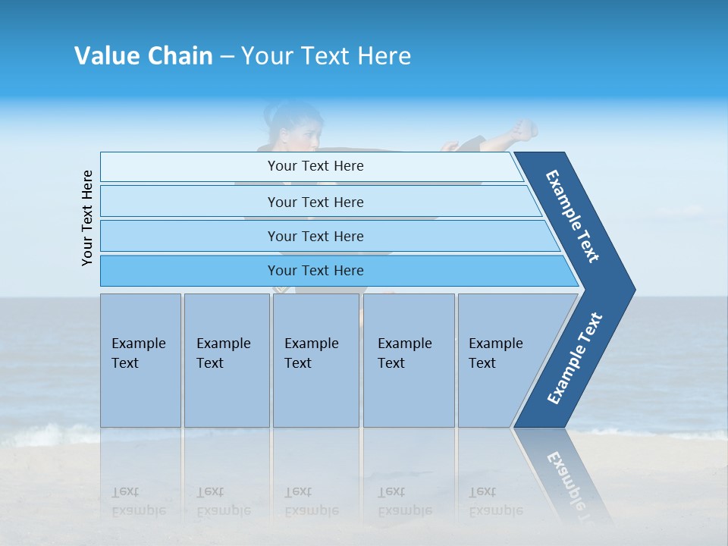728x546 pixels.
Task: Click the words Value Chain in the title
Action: pos(143,56)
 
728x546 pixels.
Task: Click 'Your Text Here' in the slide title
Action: pos(326,56)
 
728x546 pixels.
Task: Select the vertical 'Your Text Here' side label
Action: pos(87,218)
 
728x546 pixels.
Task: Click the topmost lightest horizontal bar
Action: pos(315,166)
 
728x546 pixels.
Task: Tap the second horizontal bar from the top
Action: pos(315,202)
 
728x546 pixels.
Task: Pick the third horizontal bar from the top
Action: pos(315,236)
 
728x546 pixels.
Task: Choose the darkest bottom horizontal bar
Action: pos(315,271)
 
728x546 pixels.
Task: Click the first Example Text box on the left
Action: pos(140,360)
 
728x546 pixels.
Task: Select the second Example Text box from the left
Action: pos(226,360)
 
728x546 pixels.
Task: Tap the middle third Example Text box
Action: pos(315,360)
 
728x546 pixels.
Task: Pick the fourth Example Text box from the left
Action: pos(408,360)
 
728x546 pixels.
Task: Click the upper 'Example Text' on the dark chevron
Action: pos(573,215)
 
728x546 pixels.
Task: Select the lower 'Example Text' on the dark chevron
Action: pos(575,358)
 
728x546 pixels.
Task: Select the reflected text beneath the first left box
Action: pos(138,501)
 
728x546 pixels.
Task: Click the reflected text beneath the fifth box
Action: pos(495,501)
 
